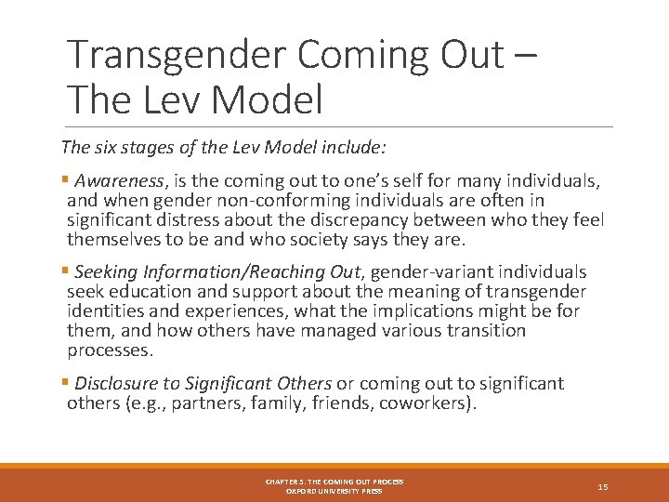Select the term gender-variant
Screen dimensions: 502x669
pyautogui.click(x=437, y=272)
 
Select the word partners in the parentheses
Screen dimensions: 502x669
pyautogui.click(x=203, y=403)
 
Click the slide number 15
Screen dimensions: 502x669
pyautogui.click(x=603, y=486)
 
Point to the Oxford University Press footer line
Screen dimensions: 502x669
pyautogui.click(x=334, y=491)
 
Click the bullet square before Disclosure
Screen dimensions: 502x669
pyautogui.click(x=65, y=383)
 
